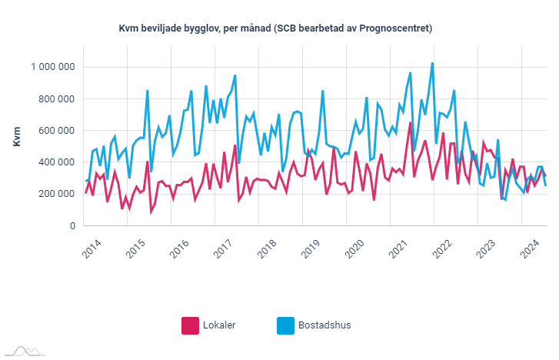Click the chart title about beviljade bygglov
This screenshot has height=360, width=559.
tap(275, 28)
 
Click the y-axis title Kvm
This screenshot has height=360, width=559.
tap(18, 135)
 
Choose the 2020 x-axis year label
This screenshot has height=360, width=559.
tap(354, 249)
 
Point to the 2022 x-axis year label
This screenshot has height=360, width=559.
tap(442, 249)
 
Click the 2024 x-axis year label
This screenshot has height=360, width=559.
tap(529, 249)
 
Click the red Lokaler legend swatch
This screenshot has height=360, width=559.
tap(190, 325)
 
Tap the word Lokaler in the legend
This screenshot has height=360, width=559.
tap(220, 325)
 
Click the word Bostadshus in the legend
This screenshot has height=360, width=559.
tap(325, 325)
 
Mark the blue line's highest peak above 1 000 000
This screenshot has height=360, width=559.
tap(433, 63)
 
